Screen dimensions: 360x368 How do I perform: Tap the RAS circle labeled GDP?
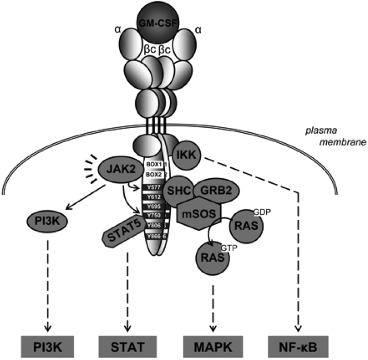pyautogui.click(x=246, y=226)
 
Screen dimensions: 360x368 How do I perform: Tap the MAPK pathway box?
pyautogui.click(x=211, y=345)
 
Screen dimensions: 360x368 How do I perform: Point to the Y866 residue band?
pyautogui.click(x=154, y=236)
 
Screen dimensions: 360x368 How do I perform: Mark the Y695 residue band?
pyautogui.click(x=154, y=206)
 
